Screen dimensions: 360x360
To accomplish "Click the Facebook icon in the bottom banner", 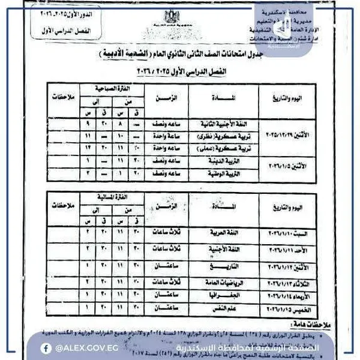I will click(46, 348).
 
